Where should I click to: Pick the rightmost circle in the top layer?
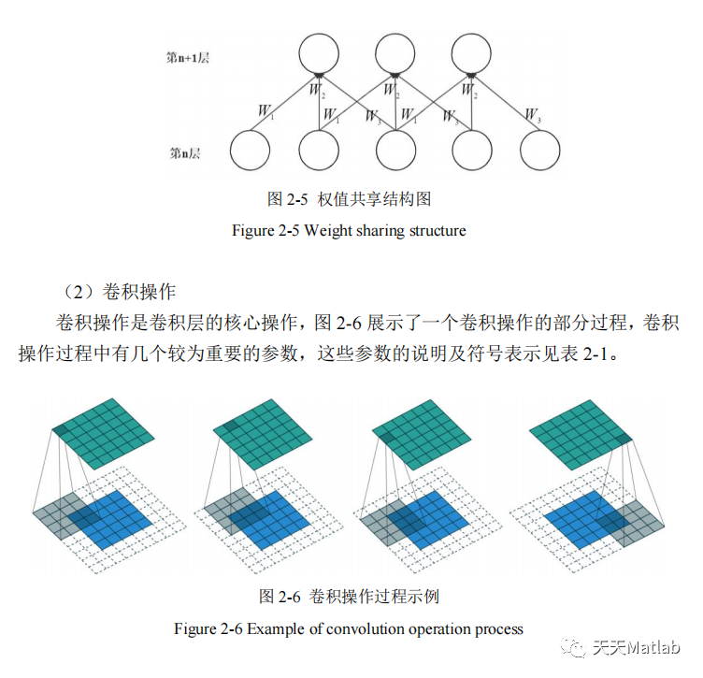[x=471, y=52]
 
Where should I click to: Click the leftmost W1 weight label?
[x=266, y=111]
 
